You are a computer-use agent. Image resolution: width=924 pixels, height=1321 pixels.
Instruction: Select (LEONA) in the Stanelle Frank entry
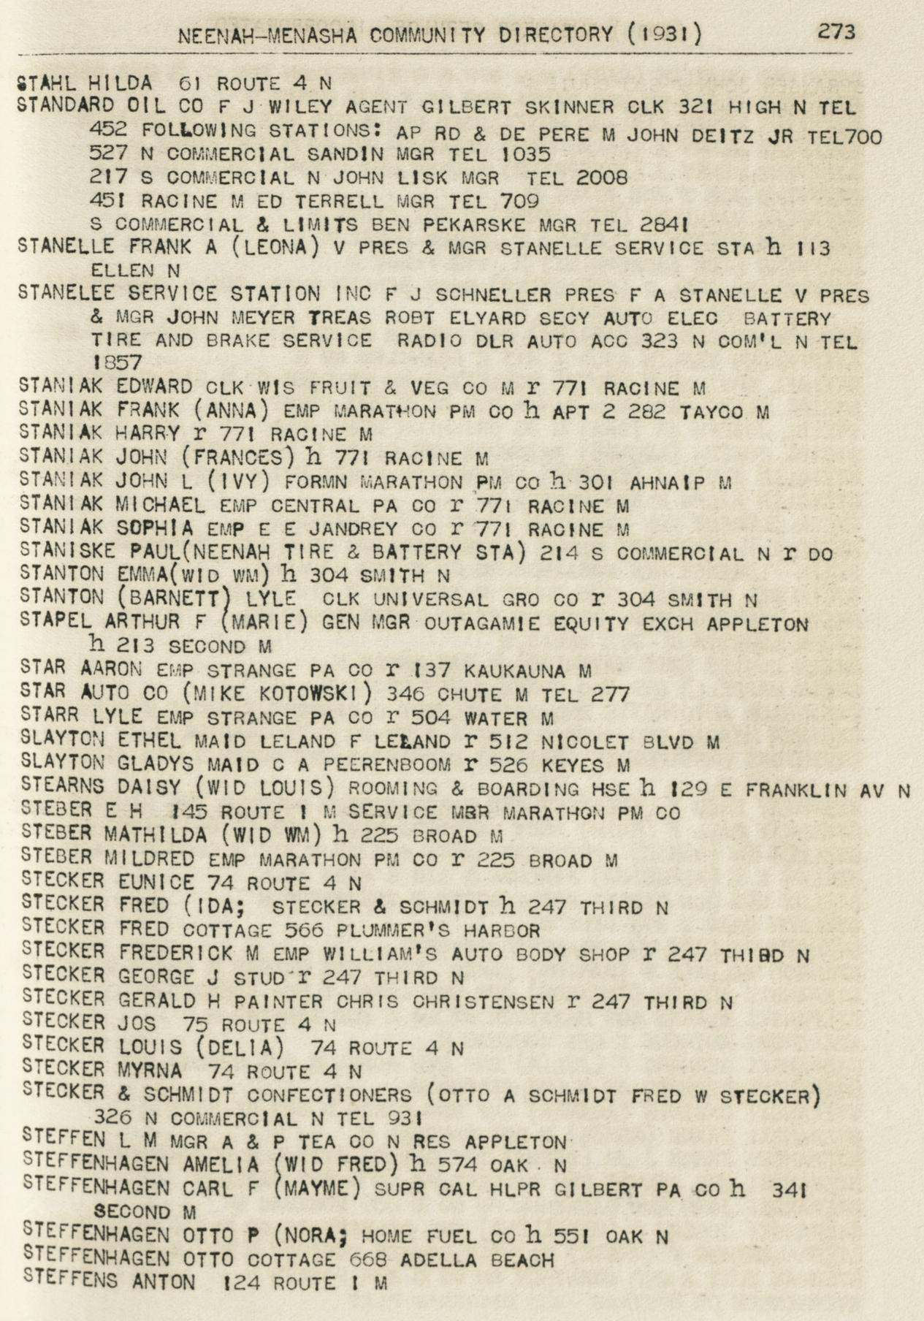click(273, 248)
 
